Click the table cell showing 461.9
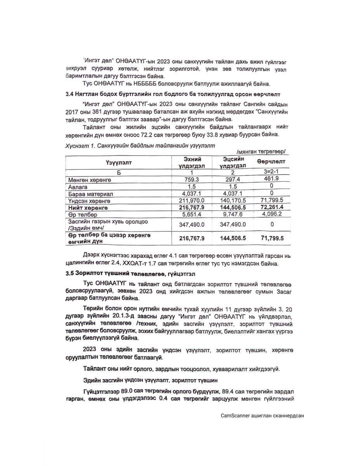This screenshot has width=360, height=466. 271,179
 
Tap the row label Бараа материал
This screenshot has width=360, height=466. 90,194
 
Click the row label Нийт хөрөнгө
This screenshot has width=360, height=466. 88,208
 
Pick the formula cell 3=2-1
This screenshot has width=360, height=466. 271,172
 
